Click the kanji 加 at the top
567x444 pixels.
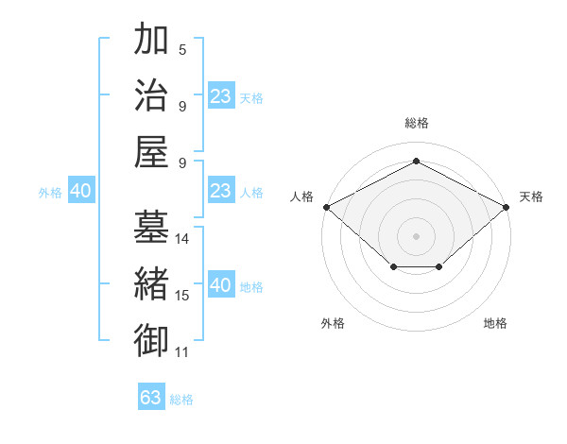click(152, 42)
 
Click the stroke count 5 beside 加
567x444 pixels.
click(182, 49)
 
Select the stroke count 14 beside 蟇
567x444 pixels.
click(182, 239)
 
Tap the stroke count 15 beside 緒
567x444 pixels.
click(182, 296)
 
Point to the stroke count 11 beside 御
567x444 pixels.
click(182, 352)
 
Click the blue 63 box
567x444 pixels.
click(151, 398)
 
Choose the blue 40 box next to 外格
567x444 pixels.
click(81, 191)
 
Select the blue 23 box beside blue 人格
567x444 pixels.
click(220, 191)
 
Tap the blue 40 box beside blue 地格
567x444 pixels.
click(220, 285)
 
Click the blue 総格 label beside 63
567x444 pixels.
click(181, 400)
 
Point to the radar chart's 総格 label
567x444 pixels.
click(416, 123)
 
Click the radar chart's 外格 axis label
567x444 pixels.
click(333, 323)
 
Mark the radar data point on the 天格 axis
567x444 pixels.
click(507, 207)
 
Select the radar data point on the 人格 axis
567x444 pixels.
click(325, 207)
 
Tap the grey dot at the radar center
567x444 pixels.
click(416, 235)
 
